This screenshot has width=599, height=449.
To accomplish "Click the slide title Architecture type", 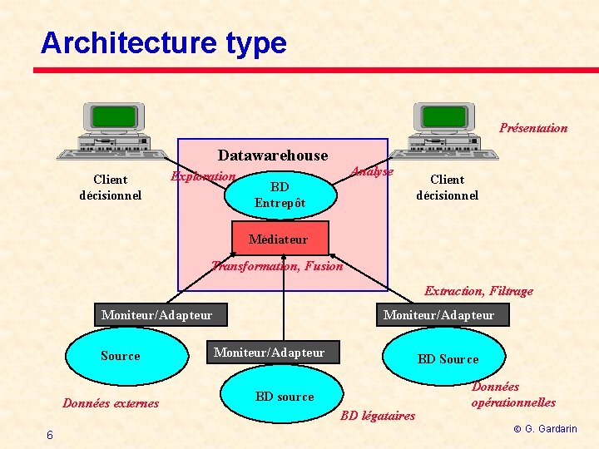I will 163,43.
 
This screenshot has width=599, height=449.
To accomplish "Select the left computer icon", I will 113,131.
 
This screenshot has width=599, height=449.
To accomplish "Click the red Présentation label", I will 533,128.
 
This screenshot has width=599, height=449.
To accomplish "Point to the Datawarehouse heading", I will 273,155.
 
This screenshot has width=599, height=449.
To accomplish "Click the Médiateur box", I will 280,239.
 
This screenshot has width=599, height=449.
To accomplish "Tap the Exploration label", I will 203,176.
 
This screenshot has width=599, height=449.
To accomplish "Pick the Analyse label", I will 372,171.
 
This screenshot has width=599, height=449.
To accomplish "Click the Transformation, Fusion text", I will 277,266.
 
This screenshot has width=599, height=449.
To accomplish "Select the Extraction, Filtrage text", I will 478,291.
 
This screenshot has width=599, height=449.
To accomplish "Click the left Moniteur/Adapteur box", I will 156,314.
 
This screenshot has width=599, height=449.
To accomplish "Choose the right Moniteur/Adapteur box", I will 438,314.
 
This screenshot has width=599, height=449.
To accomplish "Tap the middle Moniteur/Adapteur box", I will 269,353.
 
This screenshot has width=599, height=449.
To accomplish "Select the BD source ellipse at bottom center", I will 285,397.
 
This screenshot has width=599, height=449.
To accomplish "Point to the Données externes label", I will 111,403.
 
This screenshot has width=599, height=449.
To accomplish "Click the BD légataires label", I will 378,416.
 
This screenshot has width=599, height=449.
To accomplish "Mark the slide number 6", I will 50,435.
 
